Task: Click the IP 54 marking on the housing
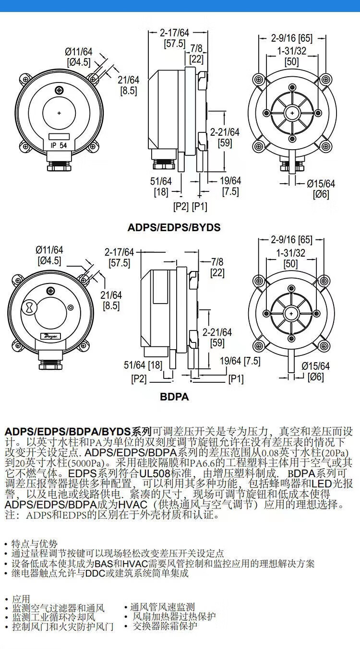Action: (59, 145)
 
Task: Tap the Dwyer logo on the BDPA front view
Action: (51, 336)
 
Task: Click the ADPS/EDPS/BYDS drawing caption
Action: (174, 227)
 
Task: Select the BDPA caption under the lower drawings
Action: (174, 397)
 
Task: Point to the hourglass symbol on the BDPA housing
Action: (29, 306)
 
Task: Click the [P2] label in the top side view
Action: (181, 207)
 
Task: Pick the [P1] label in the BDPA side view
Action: (236, 378)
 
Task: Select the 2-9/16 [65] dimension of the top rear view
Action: (291, 38)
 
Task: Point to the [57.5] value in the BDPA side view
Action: (120, 263)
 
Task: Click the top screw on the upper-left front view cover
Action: (59, 90)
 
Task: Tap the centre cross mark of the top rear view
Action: (292, 113)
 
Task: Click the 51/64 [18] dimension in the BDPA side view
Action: (143, 365)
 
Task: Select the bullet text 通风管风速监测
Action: (162, 607)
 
